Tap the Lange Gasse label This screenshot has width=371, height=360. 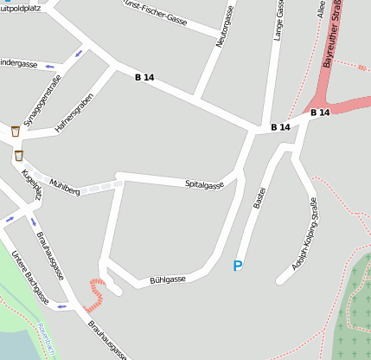click(x=279, y=20)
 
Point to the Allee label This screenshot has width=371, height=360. click(x=322, y=10)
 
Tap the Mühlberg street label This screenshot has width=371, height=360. click(x=65, y=188)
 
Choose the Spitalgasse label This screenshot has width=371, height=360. click(x=204, y=183)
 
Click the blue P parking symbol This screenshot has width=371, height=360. click(x=238, y=267)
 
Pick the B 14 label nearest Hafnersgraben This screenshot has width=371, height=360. click(x=144, y=78)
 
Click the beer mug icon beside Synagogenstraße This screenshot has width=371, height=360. click(x=16, y=132)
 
